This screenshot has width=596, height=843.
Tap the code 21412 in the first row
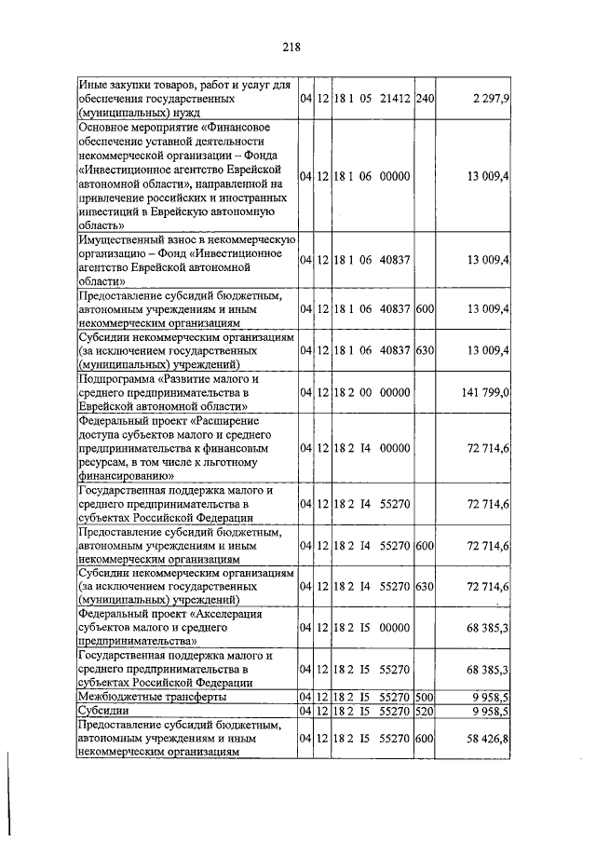[396, 98]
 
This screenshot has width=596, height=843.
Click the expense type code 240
[425, 98]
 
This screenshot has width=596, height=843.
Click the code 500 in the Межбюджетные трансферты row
[425, 696]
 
